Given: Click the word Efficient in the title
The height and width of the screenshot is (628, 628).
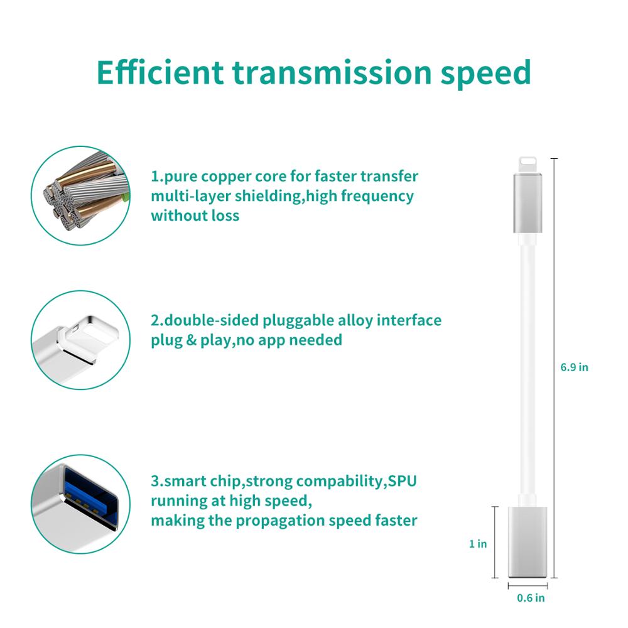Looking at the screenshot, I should [x=160, y=73].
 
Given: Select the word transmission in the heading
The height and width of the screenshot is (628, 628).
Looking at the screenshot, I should [x=332, y=73].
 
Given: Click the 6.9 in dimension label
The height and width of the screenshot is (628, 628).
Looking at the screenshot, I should [x=574, y=367].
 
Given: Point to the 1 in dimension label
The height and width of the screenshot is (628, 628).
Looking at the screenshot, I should [x=478, y=544].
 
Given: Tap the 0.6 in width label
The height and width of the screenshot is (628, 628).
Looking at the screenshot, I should [x=531, y=598].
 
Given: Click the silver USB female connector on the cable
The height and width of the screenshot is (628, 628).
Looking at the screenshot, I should [x=527, y=541].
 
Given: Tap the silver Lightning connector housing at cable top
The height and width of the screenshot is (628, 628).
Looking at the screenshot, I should [x=527, y=201].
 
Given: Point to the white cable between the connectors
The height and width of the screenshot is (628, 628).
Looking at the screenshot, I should [x=527, y=364].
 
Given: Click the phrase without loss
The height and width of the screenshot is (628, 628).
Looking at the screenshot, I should [x=195, y=215].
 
